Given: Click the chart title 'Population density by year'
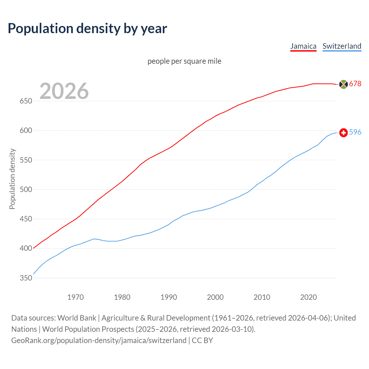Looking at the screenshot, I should [x=87, y=29].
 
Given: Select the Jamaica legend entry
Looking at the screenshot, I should [x=303, y=46].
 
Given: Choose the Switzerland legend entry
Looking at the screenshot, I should [x=342, y=46].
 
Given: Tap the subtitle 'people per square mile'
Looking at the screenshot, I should [x=184, y=61].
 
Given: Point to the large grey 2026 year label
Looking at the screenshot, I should [x=64, y=91].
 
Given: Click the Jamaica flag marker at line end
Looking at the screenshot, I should [x=343, y=84].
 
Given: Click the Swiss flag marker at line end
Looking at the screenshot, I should [x=343, y=133].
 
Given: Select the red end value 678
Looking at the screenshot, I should [x=355, y=84].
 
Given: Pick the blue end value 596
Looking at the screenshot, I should [x=355, y=132].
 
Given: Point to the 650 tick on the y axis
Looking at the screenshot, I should [x=26, y=101].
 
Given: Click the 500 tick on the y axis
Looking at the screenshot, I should [x=26, y=190].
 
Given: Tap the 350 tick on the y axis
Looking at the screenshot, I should [x=26, y=278].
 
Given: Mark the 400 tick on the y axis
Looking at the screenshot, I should [x=26, y=248].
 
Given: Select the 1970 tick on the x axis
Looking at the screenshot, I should [x=76, y=297].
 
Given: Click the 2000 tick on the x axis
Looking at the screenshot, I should [x=215, y=297].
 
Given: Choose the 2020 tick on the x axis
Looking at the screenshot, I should [x=308, y=297].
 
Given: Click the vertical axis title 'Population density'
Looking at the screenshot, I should [x=12, y=179].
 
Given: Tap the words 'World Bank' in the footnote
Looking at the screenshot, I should [x=77, y=318].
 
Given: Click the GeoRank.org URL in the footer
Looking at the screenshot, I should [x=99, y=340].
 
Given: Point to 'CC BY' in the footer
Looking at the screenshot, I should [x=202, y=340].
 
